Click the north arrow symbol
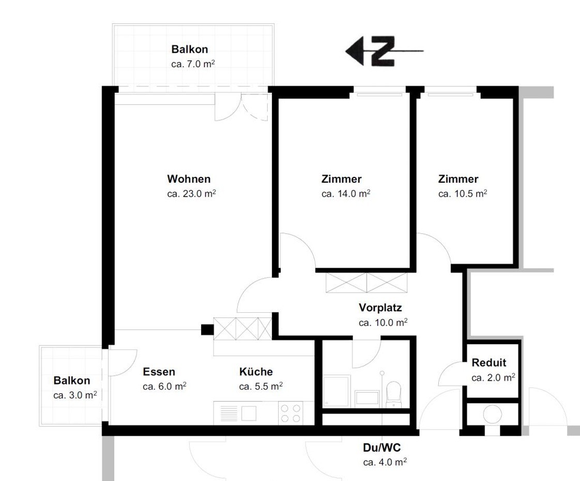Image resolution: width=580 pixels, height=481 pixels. [384, 51]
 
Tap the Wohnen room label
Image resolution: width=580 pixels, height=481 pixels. [189, 179]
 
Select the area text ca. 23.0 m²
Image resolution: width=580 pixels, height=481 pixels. [191, 194]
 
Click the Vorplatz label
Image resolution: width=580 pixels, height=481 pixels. [380, 308]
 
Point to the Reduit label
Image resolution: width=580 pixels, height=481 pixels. [489, 362]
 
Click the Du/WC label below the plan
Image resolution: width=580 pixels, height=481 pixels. [381, 448]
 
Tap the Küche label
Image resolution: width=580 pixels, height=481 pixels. [256, 372]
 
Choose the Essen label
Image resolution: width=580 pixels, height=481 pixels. [159, 372]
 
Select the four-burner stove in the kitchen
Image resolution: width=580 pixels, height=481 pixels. [291, 413]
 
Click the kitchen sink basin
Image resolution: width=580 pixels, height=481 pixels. [249, 413]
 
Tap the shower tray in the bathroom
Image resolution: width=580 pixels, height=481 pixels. [336, 391]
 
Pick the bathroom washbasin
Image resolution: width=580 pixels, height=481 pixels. [367, 398]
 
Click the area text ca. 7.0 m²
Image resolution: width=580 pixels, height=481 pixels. [193, 64]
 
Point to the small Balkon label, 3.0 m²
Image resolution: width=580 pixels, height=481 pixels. [72, 380]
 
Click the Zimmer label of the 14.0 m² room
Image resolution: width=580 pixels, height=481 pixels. [341, 179]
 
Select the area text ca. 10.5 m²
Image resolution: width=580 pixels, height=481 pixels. [462, 194]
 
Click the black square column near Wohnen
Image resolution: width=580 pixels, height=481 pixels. [207, 330]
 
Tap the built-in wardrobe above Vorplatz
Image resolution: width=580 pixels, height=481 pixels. [367, 283]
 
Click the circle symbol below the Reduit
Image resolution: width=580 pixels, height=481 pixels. [492, 414]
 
